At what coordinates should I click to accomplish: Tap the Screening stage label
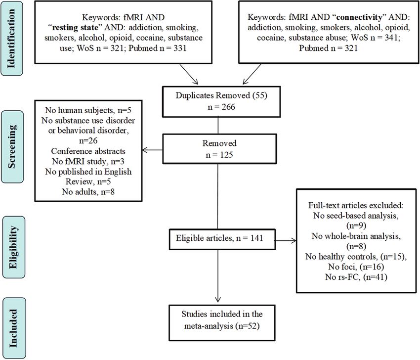12,147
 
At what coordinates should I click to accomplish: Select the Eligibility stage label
14,247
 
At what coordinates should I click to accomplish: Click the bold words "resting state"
75,28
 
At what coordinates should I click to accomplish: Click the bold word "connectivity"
359,17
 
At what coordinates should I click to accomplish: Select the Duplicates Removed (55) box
221,101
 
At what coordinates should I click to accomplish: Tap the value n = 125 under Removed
219,155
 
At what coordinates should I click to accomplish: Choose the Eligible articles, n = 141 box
222,239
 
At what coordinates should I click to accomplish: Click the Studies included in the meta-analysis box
222,323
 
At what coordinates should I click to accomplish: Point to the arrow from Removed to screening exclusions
152,150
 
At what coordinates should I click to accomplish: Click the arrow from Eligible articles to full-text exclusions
286,240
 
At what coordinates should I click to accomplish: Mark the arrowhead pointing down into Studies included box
218,299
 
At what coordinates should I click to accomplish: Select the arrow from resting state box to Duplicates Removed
189,74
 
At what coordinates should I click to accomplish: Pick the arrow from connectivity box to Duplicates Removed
252,74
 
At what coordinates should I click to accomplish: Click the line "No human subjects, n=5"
88,110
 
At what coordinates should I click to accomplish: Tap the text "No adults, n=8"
88,192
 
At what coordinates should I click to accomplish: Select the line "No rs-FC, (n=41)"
356,276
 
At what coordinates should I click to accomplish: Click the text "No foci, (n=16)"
356,267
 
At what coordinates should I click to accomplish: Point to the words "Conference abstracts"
88,151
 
